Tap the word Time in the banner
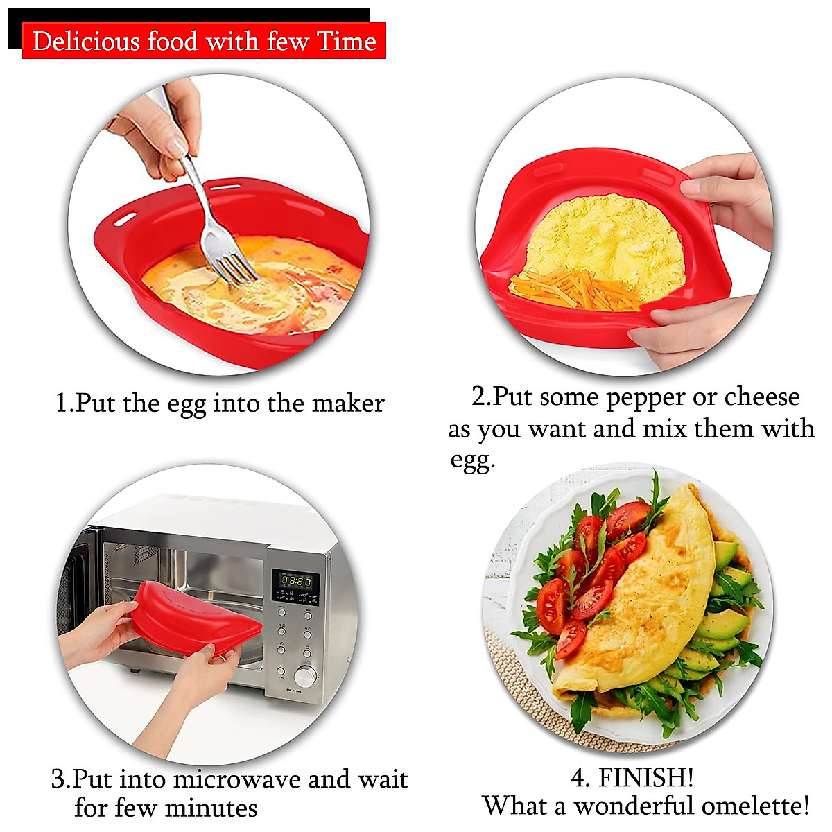click(x=347, y=42)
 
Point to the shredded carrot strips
click(x=575, y=288)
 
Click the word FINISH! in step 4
click(x=645, y=777)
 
